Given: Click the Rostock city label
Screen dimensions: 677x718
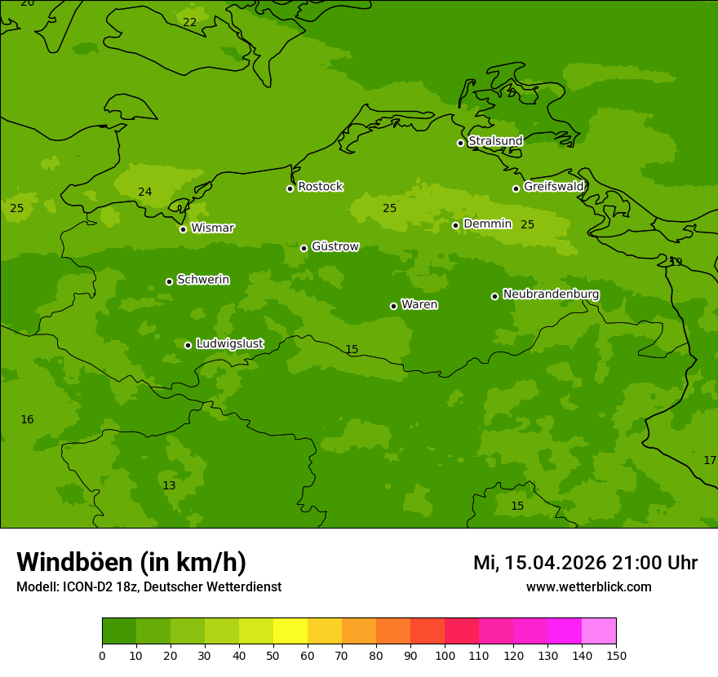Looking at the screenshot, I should pos(320,187).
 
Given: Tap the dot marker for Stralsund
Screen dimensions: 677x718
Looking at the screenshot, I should pos(460,143).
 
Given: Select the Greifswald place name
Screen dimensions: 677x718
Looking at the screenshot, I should pos(553,187).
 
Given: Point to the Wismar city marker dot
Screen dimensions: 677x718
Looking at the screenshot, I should pos(183,229).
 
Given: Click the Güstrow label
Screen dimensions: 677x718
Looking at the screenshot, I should pos(335,246).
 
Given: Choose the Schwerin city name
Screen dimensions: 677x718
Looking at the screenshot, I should pos(202,280).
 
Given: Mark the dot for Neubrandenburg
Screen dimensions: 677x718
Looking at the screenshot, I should pos(494,296).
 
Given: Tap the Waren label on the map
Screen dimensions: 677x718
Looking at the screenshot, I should pos(419,305).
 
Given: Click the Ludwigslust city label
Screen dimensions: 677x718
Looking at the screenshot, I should pos(229,344).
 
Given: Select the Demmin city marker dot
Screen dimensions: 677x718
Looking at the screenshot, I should pos(455,225).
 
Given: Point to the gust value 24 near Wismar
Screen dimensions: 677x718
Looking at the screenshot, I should pos(144,192).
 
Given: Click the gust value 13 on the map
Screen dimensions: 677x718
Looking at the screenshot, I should pos(169,486).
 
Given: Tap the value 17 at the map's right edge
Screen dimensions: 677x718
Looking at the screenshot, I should pos(709,461).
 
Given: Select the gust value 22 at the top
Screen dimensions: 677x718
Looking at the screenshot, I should pos(189,23).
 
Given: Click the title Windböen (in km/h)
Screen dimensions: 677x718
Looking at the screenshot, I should pos(131,562).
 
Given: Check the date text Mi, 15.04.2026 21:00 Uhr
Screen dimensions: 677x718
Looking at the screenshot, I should pos(585,563).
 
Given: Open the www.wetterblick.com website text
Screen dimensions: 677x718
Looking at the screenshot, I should pos(588,587).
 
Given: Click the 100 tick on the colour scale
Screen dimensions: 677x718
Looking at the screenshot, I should pos(445,655).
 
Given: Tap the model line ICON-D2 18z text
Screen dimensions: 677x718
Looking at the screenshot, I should pos(148,587).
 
